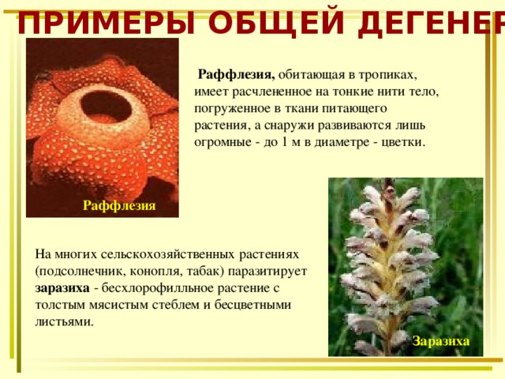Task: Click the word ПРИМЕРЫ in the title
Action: [107, 23]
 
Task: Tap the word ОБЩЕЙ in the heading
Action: [276, 23]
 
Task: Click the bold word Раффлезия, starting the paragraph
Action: [237, 75]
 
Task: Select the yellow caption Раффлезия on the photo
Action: [119, 205]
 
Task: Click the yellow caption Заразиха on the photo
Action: [441, 341]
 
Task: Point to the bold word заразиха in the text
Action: [62, 287]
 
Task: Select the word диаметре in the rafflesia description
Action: [342, 142]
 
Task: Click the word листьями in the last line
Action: [64, 321]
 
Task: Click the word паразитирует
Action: [267, 272]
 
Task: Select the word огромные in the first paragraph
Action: [223, 142]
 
